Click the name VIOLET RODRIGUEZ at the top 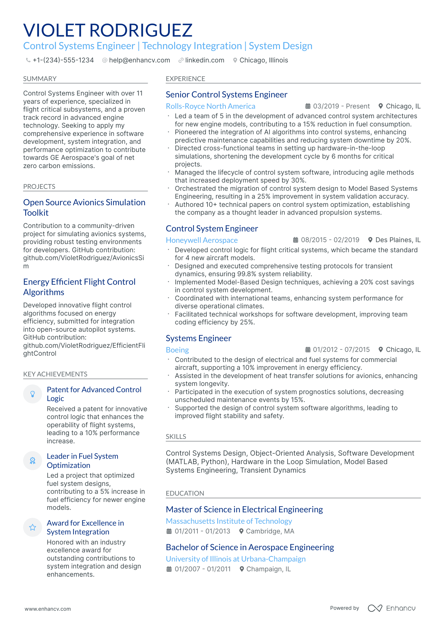(108, 30)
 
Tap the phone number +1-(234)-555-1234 (63, 60)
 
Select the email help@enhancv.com (139, 60)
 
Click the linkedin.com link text (204, 60)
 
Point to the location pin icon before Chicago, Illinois (235, 60)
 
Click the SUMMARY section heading (40, 79)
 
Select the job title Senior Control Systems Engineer (226, 95)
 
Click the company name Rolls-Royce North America (210, 106)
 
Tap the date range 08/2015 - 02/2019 (330, 240)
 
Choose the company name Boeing (177, 350)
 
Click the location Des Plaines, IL (398, 240)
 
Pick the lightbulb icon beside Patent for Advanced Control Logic (32, 394)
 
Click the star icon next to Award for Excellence (32, 527)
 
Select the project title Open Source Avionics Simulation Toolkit (84, 207)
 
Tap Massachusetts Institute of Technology (229, 521)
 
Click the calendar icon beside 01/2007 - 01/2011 (169, 569)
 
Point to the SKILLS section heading (176, 437)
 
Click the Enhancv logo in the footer (391, 608)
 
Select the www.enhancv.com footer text (48, 609)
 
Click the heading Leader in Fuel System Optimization (82, 461)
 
